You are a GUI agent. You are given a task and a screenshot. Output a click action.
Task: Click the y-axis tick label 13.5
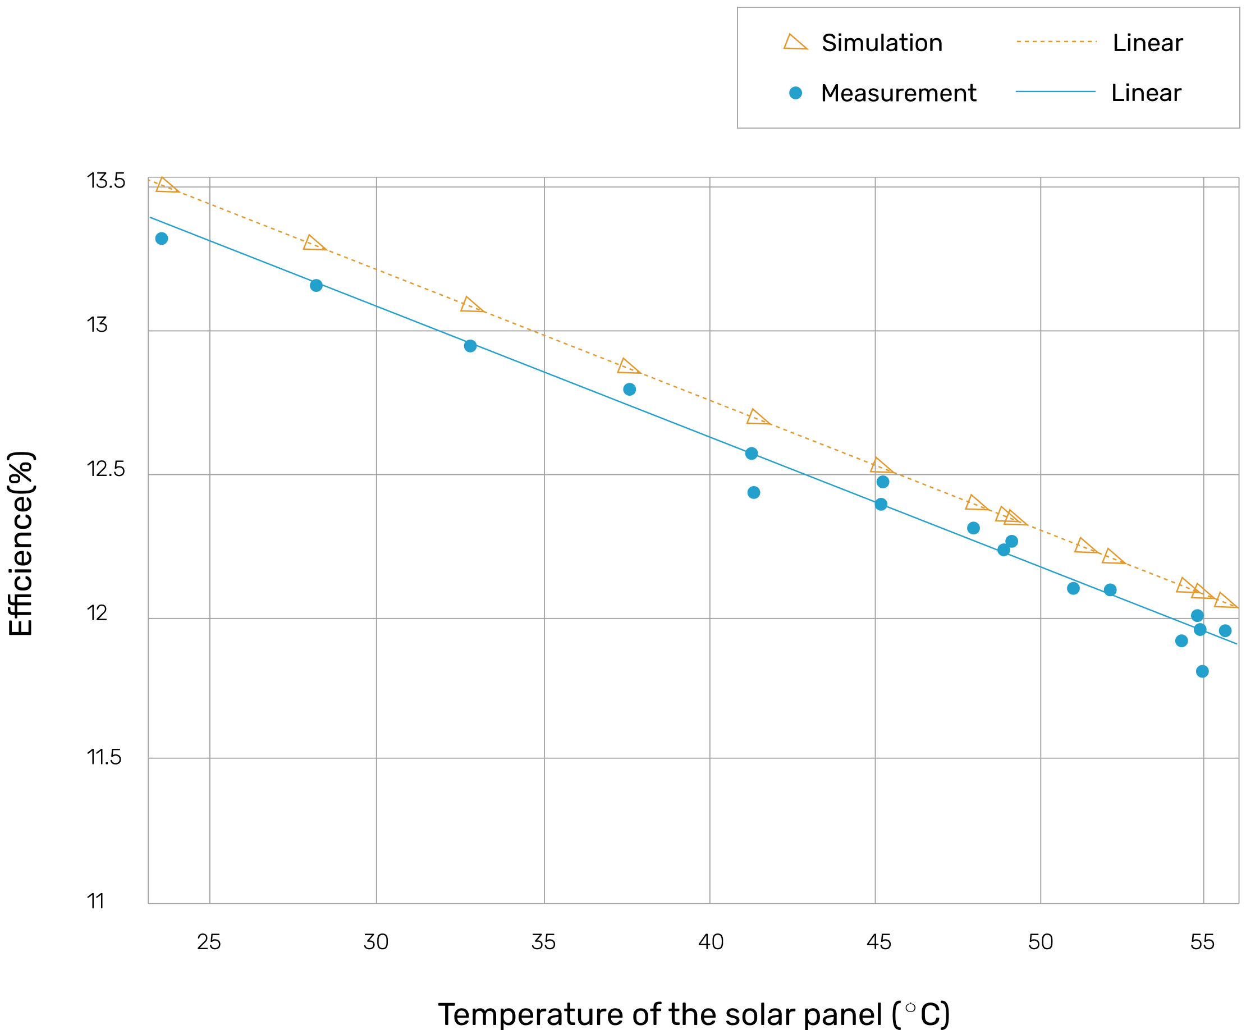click(x=106, y=181)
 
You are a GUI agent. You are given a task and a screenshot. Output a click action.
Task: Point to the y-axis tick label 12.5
click(x=106, y=469)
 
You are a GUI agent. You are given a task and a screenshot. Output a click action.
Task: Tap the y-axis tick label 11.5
click(x=104, y=758)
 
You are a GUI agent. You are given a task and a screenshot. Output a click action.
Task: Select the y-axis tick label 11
click(x=95, y=902)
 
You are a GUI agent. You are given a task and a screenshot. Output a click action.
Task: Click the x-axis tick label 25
click(x=209, y=942)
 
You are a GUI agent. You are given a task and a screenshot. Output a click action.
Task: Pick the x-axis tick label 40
click(x=710, y=942)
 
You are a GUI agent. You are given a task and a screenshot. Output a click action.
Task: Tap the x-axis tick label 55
click(x=1202, y=942)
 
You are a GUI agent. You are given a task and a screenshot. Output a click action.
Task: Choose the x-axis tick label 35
click(x=543, y=942)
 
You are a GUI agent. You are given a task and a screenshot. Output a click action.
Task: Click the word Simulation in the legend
click(x=882, y=43)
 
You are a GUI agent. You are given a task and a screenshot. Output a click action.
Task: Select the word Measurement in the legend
click(x=899, y=93)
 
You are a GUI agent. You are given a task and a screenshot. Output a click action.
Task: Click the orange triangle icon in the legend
click(x=795, y=42)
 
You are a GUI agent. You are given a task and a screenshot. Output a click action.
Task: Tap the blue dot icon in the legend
click(x=796, y=93)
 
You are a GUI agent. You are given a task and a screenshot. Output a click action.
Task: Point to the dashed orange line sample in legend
click(x=1056, y=42)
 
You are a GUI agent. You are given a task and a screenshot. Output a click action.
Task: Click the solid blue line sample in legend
click(x=1056, y=92)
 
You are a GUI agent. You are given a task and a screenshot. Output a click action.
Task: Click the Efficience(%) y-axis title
click(x=21, y=543)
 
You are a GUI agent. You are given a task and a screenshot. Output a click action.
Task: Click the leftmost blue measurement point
click(x=162, y=239)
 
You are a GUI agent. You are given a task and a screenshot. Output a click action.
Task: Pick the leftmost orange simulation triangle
click(x=166, y=186)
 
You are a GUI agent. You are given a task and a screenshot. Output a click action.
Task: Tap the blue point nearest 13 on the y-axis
click(x=470, y=346)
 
